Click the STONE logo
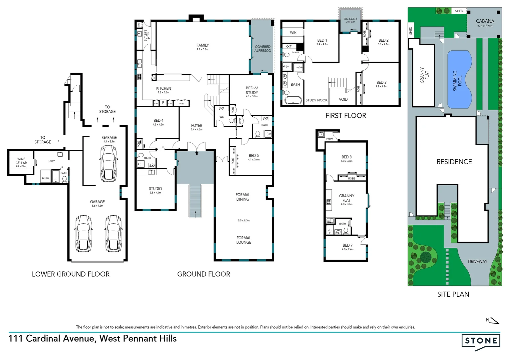(481, 341)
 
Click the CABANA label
(485, 21)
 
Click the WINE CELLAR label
(21, 161)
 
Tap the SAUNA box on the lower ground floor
(45, 178)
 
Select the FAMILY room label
(203, 45)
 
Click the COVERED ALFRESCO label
(262, 49)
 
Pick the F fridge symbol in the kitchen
(163, 103)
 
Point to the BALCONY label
(350, 19)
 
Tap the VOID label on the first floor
(343, 99)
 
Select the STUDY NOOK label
(316, 100)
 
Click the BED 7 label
(347, 245)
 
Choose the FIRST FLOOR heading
(345, 116)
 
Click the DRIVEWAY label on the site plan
(477, 262)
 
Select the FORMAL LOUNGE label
(244, 240)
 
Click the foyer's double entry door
(197, 147)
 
